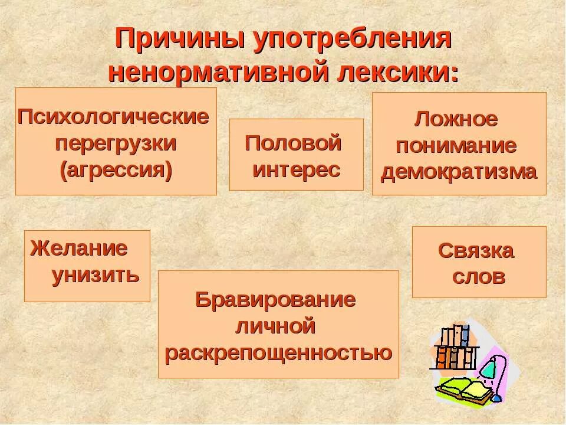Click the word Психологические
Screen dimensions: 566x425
tap(113, 116)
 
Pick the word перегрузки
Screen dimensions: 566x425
tap(116, 143)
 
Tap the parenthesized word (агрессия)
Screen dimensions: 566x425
tap(116, 171)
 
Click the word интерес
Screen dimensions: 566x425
tap(297, 170)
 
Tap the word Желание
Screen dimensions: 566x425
tap(79, 248)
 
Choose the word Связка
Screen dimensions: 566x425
tap(476, 251)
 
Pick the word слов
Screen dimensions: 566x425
tap(479, 277)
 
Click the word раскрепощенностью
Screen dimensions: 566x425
tap(278, 353)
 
